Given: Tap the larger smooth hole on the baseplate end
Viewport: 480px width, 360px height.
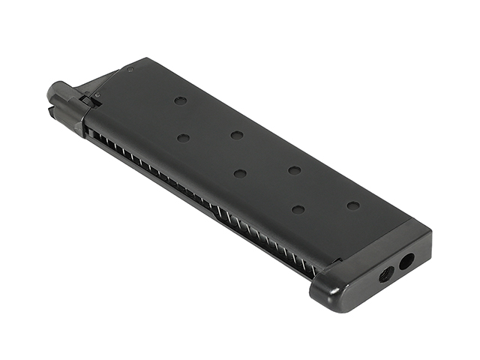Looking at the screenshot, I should [406, 262].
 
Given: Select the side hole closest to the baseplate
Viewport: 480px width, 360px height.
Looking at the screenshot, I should [353, 205].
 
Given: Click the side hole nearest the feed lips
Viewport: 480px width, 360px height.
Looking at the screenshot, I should [180, 100].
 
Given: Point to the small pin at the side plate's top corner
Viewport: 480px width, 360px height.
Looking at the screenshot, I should [130, 70].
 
